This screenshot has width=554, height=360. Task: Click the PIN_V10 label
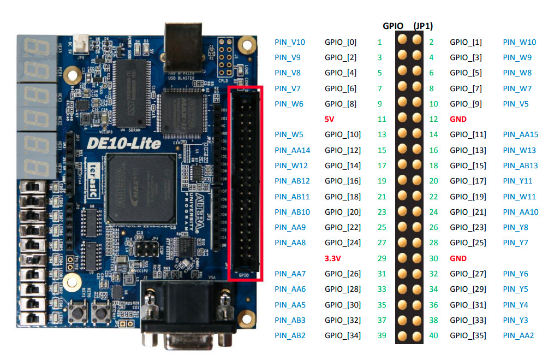290,42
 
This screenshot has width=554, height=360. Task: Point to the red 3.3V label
333,258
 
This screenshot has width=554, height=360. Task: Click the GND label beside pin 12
458,119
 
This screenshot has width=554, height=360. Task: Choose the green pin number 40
434,335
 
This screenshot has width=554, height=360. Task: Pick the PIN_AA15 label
521,134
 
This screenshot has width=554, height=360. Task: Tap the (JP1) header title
424,26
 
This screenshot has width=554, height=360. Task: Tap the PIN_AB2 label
290,335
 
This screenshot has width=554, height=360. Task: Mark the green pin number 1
380,42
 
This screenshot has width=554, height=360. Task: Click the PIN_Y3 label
516,320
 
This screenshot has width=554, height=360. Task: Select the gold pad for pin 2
417,40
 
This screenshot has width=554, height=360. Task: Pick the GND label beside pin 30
458,258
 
